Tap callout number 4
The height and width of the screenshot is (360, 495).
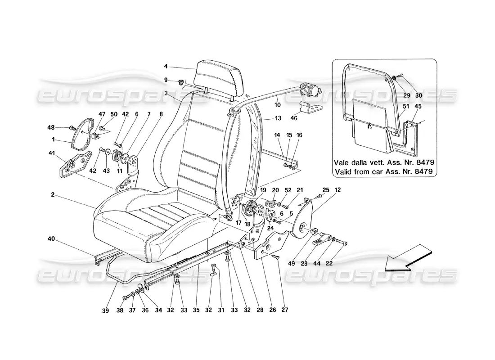(x=166, y=67)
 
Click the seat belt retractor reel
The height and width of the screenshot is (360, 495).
(x=310, y=90)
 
